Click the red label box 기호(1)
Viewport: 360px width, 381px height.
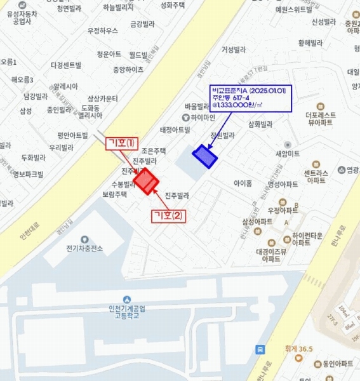click(121, 143)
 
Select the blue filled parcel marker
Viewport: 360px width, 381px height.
click(204, 156)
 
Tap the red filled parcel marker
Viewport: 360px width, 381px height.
click(145, 182)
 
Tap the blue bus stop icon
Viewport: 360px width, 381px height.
click(260, 349)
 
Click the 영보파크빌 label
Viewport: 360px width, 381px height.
click(28, 173)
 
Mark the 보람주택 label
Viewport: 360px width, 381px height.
click(114, 195)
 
